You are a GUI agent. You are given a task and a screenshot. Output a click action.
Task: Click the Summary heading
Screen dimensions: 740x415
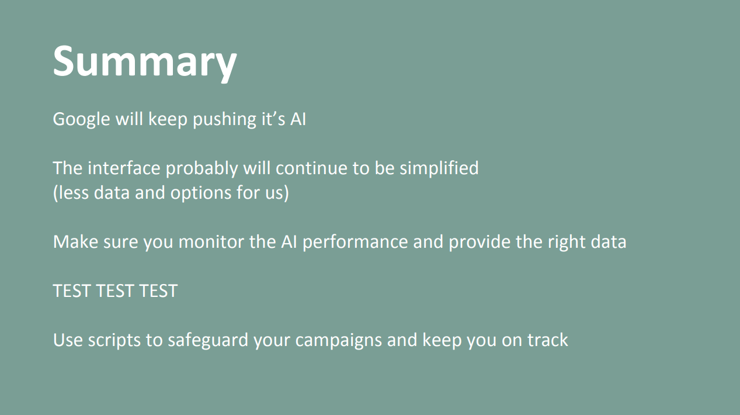pos(145,62)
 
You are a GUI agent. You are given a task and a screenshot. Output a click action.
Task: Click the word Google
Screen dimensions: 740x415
pos(81,119)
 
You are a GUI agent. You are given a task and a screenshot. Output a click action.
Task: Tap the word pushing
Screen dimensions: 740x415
pos(224,119)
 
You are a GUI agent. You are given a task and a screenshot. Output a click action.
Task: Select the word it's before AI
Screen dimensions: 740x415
pos(273,119)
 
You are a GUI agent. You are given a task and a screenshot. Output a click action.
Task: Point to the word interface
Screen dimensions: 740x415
pos(124,168)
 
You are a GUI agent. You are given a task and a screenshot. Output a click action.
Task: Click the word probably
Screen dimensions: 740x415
pos(201,169)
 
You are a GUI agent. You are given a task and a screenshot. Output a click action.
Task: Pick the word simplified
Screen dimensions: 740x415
pos(439,169)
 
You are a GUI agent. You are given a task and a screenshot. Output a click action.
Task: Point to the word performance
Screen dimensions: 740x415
pos(355,243)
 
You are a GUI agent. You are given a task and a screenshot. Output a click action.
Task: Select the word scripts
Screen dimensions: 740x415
pos(114,341)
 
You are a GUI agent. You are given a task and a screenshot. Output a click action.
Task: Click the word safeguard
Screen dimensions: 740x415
pos(208,340)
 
